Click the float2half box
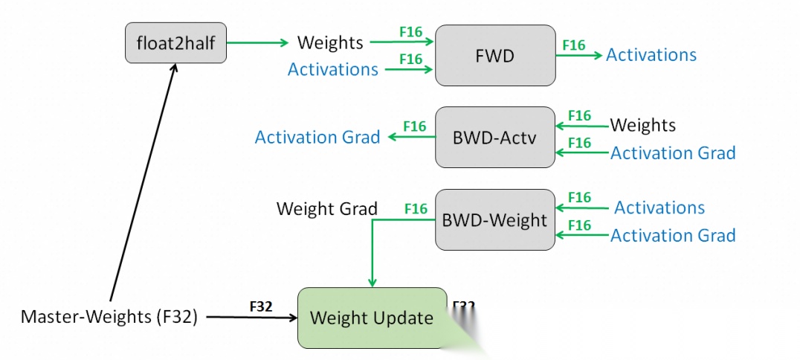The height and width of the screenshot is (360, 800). coord(175,42)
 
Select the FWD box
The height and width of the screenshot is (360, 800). coord(494,55)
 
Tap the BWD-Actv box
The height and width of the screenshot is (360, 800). coord(494,137)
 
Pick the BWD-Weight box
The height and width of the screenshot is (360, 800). coord(494,219)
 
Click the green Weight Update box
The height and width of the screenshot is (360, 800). coord(372,318)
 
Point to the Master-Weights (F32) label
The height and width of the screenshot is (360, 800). coord(109,318)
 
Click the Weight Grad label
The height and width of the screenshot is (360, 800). coord(327,209)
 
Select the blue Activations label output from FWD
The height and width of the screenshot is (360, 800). coord(651,55)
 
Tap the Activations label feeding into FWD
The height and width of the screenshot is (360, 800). coord(333,70)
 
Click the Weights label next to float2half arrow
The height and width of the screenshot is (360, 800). coord(330,42)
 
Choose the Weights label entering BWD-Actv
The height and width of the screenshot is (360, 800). coord(643,125)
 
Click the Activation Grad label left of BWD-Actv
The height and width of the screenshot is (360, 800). coord(317,137)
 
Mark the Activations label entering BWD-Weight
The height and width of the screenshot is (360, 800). coord(659,208)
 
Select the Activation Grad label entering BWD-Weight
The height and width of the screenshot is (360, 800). coord(673,236)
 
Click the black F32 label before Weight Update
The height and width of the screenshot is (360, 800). coord(262,306)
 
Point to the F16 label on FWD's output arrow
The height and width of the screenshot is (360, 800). coord(573,45)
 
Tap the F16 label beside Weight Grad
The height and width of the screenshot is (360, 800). coord(416,209)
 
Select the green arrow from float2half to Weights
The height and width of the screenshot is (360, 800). coord(257,42)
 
